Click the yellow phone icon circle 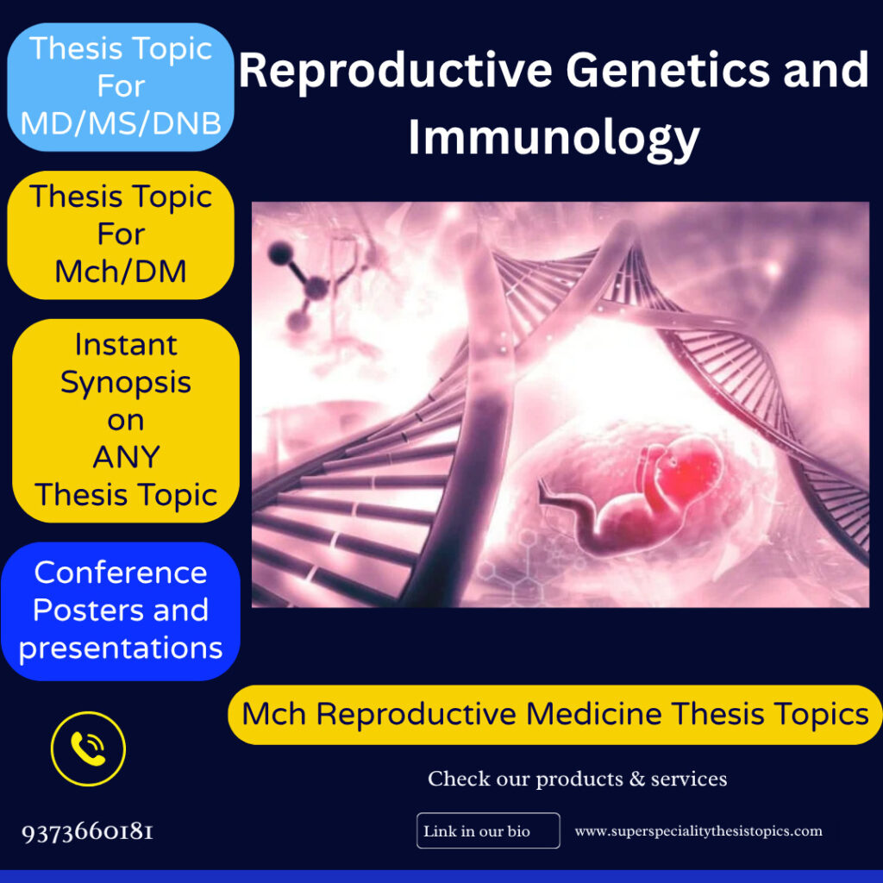coord(89,749)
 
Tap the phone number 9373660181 coord(87,832)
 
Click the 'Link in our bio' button coord(488,830)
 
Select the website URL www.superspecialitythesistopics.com coord(698,831)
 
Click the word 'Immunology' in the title coord(554,138)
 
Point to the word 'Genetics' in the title coord(667,71)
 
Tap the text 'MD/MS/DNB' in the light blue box coord(121,122)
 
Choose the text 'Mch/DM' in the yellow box coord(121,272)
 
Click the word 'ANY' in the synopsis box coord(126,457)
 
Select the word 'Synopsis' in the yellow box coord(126,383)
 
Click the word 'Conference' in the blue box coord(121,573)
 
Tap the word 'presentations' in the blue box coord(121,648)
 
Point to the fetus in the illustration coord(630,496)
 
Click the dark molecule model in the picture coord(298,285)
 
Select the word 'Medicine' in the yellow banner coord(593,714)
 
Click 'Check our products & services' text coord(577,779)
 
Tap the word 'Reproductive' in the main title coord(395,71)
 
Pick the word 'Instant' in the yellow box coord(126,345)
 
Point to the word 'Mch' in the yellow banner coord(274,714)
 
